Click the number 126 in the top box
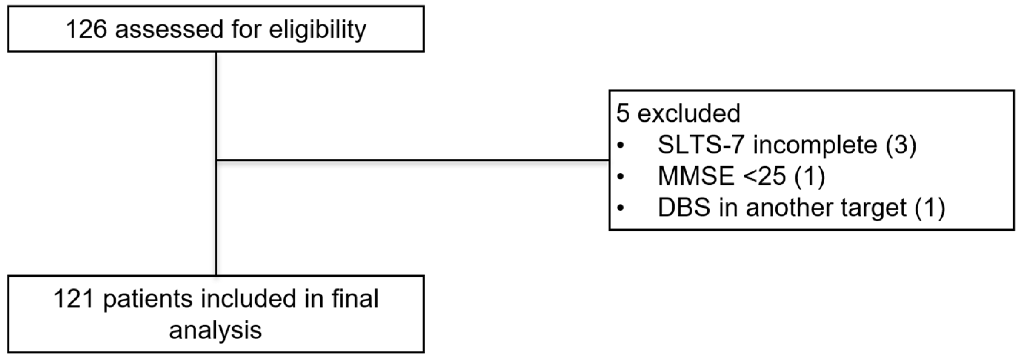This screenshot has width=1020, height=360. [86, 29]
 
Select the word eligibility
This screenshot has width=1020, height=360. [318, 29]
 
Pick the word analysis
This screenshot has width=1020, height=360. [215, 330]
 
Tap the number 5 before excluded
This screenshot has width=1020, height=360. [622, 113]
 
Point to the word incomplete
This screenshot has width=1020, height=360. [815, 145]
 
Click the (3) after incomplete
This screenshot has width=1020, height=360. [901, 145]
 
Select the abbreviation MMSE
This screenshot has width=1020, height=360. [696, 176]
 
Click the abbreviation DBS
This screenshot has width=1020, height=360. [684, 207]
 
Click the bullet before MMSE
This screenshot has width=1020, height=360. [621, 176]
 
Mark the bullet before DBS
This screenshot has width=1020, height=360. [621, 208]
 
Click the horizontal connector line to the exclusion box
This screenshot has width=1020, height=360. [412, 161]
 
